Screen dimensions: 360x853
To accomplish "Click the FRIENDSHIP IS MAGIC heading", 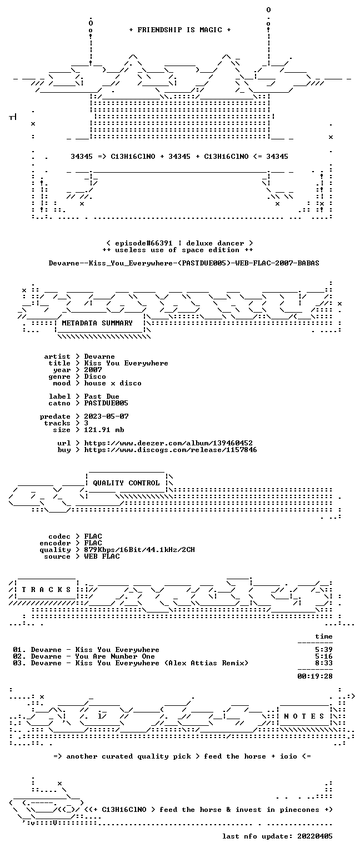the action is coord(180,29).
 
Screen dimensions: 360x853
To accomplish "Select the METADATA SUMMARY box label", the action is coord(97,323).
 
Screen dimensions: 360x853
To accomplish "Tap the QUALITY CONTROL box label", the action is coord(126,483).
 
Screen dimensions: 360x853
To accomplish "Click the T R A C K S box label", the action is coord(47,589).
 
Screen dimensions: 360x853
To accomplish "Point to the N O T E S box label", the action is coord(304,716).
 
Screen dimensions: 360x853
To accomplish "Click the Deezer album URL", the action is coord(168,443).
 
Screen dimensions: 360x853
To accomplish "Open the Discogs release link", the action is coord(171,450).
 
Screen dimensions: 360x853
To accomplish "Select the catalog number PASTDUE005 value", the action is coord(106,403).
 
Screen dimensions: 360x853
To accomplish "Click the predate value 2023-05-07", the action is coord(106,416).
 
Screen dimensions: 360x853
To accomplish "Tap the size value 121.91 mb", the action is coord(104,429).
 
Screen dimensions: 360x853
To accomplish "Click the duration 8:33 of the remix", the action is coord(324,663).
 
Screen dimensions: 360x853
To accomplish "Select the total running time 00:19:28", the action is coord(315,676).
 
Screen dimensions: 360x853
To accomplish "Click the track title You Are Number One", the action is coord(115,656).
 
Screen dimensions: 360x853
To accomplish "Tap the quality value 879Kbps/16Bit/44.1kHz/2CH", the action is coord(139,549).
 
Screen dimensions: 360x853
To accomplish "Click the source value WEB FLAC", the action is coord(102,556).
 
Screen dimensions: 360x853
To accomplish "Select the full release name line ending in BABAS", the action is coord(184,263).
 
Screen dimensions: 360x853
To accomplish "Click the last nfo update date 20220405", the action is coord(315,836).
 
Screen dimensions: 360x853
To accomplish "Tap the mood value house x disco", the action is coord(113,383).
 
